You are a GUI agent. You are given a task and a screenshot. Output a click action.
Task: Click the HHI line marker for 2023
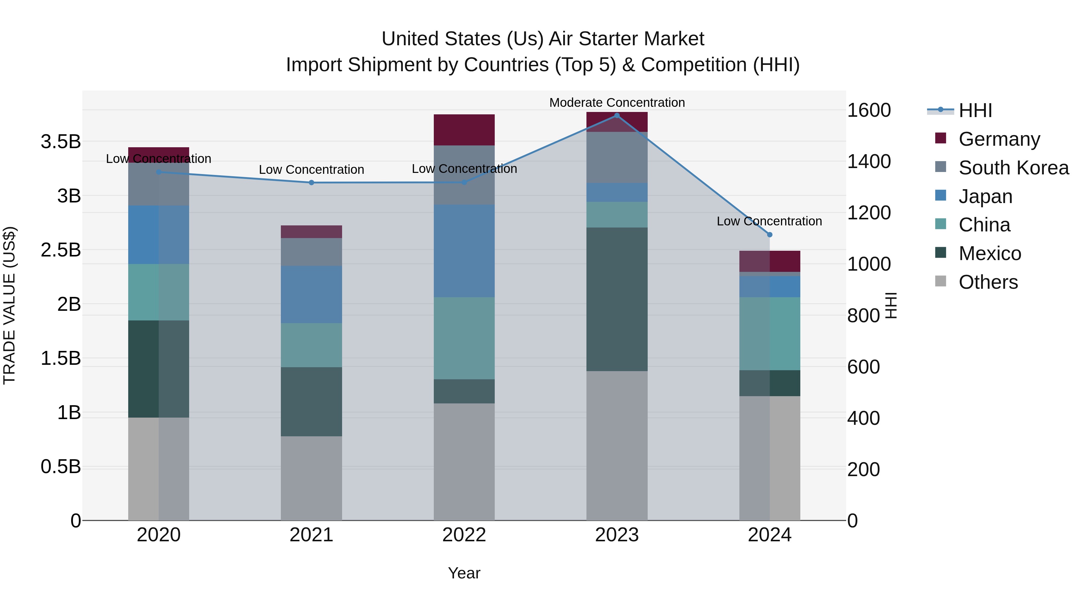click(617, 116)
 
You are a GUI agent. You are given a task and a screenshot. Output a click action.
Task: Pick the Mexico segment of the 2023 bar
click(617, 299)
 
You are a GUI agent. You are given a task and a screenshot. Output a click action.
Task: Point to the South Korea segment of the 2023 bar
click(617, 157)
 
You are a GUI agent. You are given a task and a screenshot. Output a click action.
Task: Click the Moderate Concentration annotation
click(617, 103)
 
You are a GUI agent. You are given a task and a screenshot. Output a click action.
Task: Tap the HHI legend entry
click(975, 110)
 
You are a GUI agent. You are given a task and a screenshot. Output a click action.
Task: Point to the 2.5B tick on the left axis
click(61, 250)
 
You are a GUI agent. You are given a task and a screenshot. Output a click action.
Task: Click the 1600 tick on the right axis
click(869, 110)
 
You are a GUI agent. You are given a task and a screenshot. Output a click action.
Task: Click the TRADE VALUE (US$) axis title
click(9, 305)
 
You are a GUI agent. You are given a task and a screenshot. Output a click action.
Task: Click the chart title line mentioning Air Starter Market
click(543, 39)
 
